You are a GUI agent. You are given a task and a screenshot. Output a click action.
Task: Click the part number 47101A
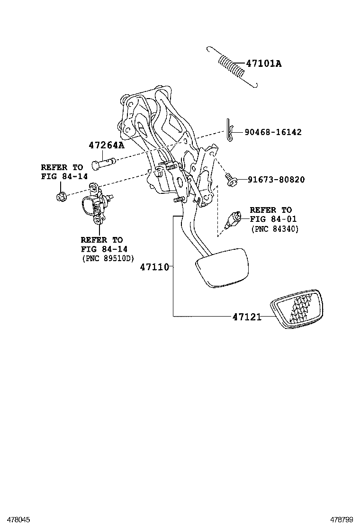pos(263,63)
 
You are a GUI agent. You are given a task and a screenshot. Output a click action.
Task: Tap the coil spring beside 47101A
pos(232,67)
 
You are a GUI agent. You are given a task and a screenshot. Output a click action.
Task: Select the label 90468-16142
pos(273,132)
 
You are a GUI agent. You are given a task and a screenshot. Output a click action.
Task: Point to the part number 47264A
pos(106,145)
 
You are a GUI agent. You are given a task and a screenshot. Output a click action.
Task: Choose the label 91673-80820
pos(276,180)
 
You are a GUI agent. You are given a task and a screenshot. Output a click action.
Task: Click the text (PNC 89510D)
pos(108,258)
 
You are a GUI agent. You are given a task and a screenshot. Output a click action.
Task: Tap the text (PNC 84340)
pos(274,229)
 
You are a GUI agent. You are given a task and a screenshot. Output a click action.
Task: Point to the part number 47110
pos(154,267)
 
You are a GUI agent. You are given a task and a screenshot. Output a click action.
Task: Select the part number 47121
pos(247,317)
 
